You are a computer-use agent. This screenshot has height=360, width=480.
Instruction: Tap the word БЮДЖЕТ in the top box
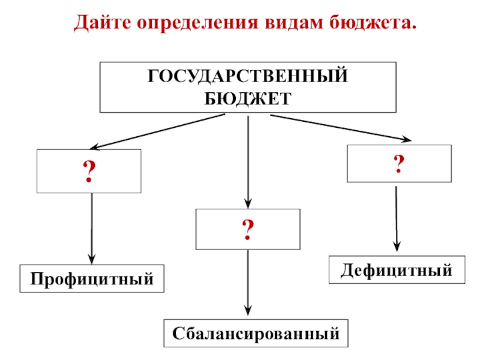(248, 97)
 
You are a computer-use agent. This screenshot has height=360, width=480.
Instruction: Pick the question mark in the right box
(398, 163)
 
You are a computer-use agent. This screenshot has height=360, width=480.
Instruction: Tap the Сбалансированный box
(256, 334)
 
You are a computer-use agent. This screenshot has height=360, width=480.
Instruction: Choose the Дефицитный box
(397, 269)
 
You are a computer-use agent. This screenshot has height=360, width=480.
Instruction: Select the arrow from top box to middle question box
(248, 162)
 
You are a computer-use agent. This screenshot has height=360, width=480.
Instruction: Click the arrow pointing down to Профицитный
(91, 228)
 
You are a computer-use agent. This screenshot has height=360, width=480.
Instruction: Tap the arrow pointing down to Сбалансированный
(248, 282)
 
